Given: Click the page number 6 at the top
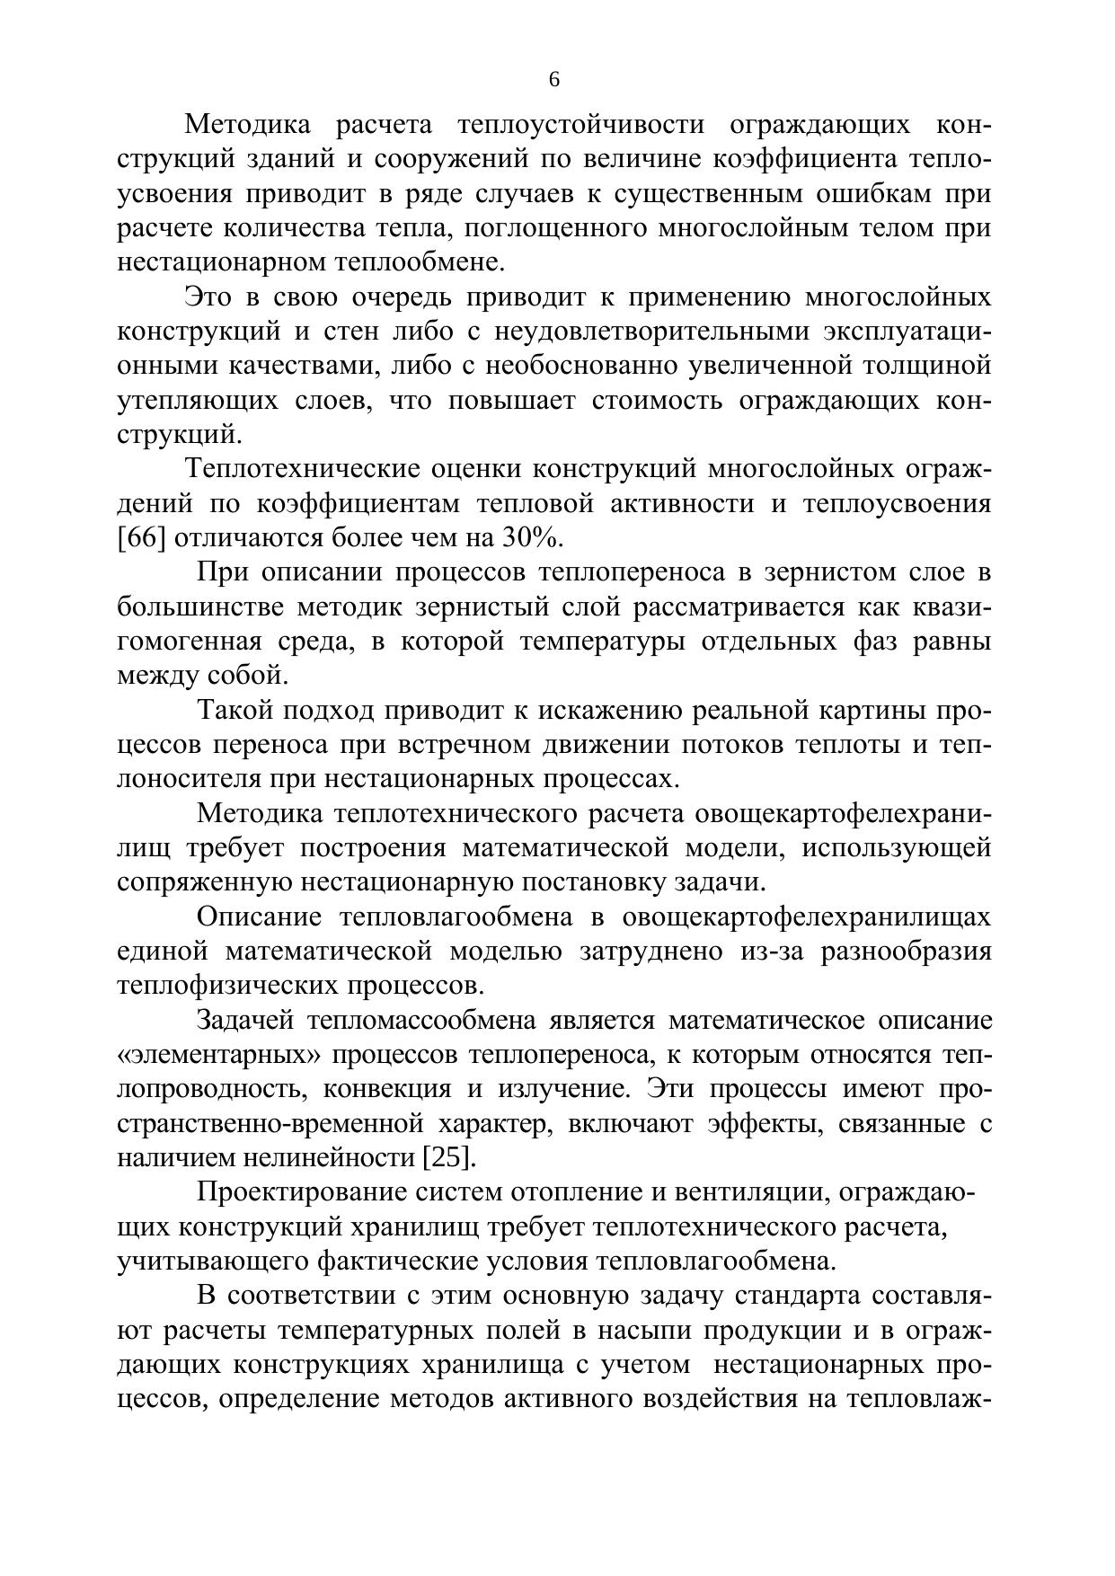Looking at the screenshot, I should pos(553,80).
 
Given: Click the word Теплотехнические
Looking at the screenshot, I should pos(303,469).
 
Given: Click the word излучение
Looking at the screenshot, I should pos(562,1088).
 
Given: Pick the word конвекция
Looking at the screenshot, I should pos(386,1088).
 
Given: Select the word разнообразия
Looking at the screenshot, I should pos(906,951).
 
